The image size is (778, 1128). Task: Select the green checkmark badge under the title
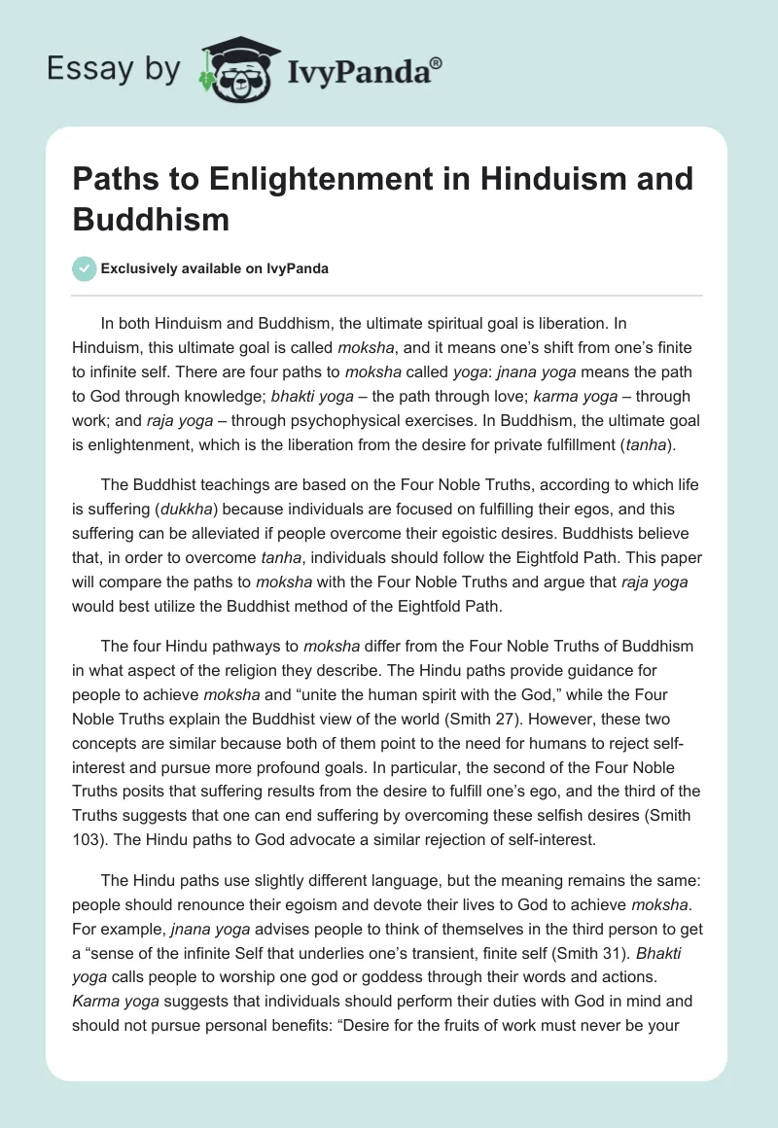pos(84,268)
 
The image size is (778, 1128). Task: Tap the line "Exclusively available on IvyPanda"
pos(214,268)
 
